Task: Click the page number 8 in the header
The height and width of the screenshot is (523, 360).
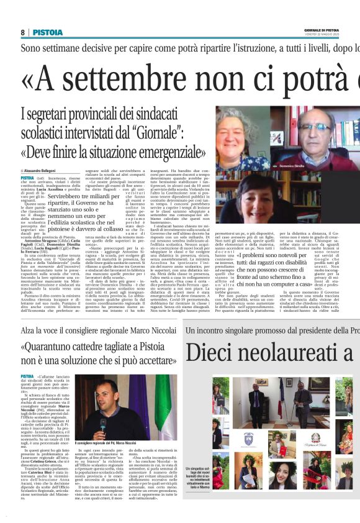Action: (23, 32)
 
